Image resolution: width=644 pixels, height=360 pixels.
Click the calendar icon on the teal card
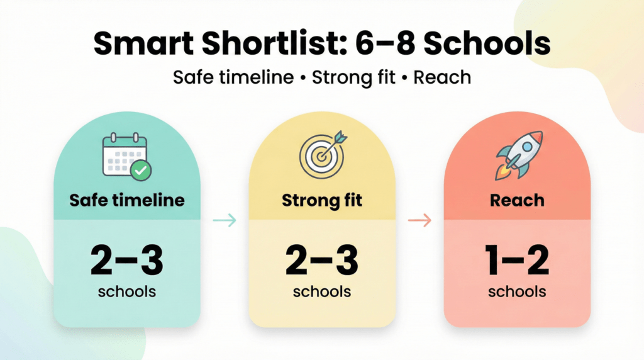click(124, 155)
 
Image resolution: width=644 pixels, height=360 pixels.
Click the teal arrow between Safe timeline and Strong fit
click(225, 220)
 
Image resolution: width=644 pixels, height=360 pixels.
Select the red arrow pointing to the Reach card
click(420, 220)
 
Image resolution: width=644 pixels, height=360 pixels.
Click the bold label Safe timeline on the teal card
click(127, 200)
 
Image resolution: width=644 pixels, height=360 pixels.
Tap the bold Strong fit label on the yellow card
click(322, 201)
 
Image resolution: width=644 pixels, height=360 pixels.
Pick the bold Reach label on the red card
click(518, 201)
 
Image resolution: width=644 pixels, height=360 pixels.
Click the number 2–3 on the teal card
click(127, 261)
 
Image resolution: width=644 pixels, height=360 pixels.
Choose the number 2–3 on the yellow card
click(322, 261)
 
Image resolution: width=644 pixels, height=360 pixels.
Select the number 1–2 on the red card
click(517, 261)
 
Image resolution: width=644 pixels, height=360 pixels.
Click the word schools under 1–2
click(517, 291)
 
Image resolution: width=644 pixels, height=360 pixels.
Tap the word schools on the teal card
click(127, 291)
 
